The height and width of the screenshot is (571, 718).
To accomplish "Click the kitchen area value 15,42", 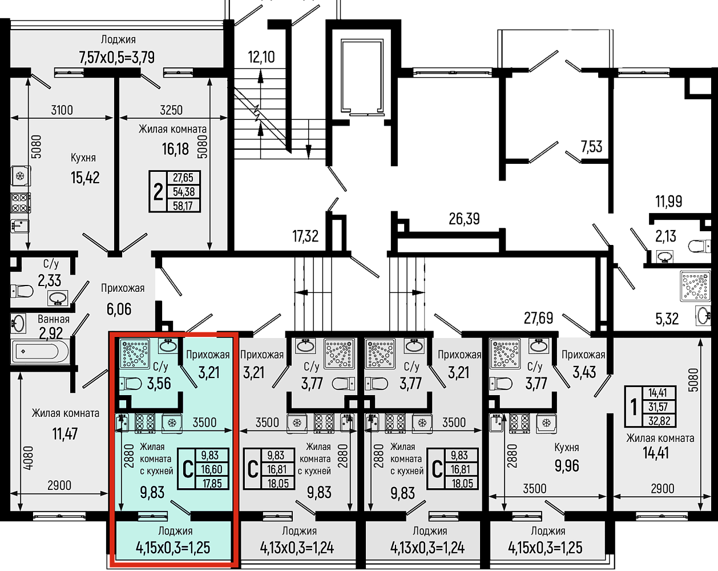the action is pos(85,178).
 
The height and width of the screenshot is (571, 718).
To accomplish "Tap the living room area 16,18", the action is pos(175,149).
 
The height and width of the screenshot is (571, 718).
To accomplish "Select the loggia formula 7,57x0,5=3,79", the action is pos(117,58).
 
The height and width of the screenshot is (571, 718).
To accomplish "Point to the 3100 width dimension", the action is pos(62,110).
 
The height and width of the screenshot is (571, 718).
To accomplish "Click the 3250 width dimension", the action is pos(171,110).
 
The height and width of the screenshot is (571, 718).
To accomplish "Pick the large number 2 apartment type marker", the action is pos(158,192).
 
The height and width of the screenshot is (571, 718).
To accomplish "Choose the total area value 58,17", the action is pos(183,206).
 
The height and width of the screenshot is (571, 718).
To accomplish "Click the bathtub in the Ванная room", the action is pos(40,351).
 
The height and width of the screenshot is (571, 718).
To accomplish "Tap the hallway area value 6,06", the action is pos(119,309).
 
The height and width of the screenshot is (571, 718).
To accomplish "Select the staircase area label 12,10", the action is pos(261,57).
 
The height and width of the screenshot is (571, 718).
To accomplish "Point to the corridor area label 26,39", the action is pos(464,219).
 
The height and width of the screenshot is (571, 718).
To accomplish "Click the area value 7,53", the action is pos(591,147).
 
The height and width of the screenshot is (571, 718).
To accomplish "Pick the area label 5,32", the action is pos(667,319).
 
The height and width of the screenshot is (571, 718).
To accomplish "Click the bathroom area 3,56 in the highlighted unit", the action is pos(159,383).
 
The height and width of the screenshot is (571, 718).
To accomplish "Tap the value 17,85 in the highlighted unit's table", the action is pos(212,483).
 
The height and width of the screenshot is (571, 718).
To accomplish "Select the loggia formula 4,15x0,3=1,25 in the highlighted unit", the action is pos(173,548).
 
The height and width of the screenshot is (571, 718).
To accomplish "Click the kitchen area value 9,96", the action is pos(567,466).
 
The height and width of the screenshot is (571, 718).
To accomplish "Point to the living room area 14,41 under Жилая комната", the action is pos(656,453).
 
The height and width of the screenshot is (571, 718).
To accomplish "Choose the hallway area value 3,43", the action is pos(584,372).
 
